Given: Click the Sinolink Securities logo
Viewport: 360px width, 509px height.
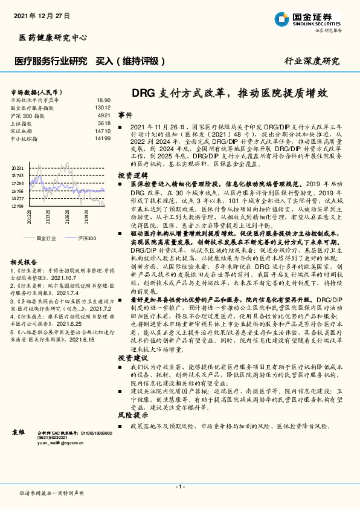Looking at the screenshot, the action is (313, 19).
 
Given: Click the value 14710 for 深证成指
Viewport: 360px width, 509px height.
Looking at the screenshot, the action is (103, 131).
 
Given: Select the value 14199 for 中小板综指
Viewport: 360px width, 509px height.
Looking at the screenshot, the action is (103, 138).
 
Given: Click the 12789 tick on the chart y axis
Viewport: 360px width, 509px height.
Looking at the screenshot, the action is (18, 206).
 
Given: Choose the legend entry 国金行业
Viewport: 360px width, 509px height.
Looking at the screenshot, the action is (47, 238).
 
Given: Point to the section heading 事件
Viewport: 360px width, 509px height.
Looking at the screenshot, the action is (125, 115).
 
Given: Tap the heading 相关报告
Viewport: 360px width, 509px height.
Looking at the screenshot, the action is (24, 262).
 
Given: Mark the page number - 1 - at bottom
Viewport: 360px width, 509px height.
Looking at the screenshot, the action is (179, 486).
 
